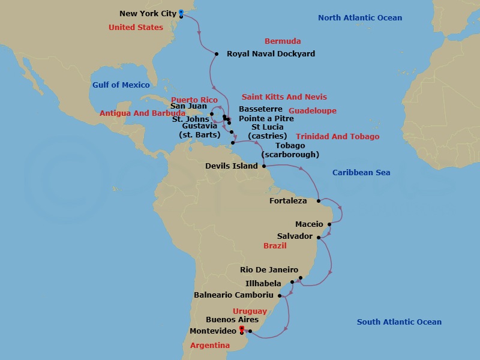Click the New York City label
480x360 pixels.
click(148, 13)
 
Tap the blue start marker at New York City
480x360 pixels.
click(181, 11)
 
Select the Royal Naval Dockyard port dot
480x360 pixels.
click(216, 54)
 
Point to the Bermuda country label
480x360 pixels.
click(283, 41)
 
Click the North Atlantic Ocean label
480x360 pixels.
click(360, 18)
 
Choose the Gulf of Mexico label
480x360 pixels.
click(121, 85)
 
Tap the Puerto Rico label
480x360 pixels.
click(194, 100)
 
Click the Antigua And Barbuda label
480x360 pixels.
click(143, 113)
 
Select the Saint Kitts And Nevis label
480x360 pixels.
click(284, 97)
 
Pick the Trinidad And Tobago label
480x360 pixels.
click(338, 137)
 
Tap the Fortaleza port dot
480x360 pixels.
click(319, 201)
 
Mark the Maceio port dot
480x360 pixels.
click(329, 224)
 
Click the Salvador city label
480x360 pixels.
click(295, 236)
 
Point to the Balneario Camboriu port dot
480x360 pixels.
click(280, 295)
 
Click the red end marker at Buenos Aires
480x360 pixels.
click(241, 329)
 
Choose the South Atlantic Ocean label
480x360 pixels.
click(399, 322)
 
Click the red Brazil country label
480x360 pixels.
click(275, 246)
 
